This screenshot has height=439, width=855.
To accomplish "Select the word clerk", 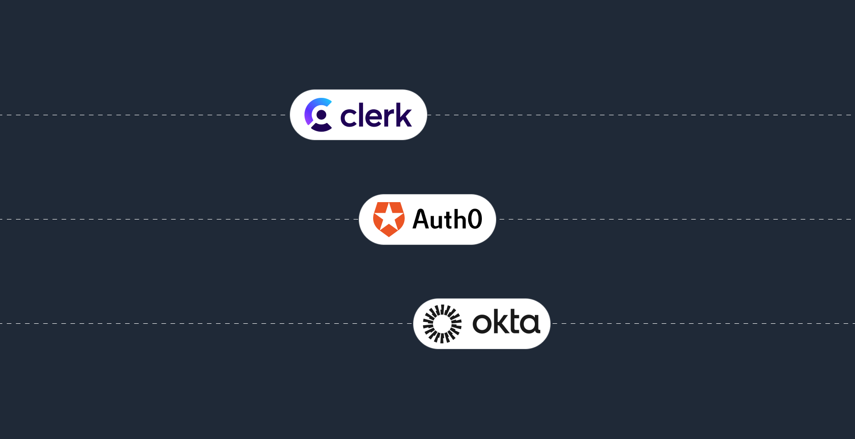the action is (376, 115).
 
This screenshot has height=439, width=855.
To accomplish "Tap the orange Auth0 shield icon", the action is (389, 219).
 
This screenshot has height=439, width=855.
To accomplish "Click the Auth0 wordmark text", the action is (447, 219).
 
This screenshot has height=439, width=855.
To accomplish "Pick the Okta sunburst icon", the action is (442, 324).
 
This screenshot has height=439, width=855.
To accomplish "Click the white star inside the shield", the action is (389, 218).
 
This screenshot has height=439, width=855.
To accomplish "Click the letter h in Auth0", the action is (458, 219).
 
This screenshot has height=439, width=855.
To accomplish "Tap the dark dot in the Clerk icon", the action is (322, 114).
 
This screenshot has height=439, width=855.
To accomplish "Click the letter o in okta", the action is (482, 323).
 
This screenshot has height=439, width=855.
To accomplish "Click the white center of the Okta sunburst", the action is (442, 324).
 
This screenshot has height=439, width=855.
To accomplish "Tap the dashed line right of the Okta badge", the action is (703, 324).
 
